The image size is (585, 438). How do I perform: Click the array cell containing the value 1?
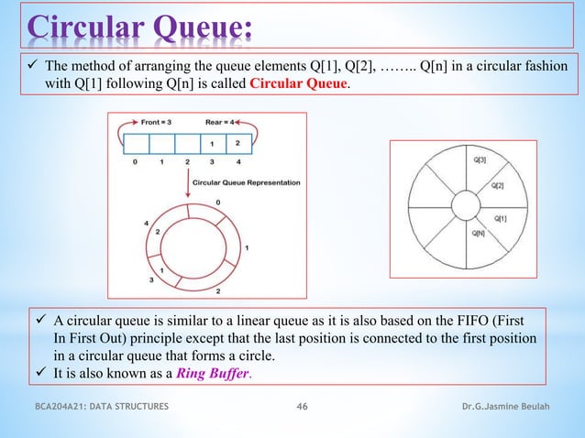[x=214, y=143]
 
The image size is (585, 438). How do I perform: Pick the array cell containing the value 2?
[x=238, y=143]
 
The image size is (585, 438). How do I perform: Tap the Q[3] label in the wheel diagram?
[x=480, y=159]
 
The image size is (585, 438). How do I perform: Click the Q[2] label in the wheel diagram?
[x=496, y=185]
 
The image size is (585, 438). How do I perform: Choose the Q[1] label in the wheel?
[x=501, y=217]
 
